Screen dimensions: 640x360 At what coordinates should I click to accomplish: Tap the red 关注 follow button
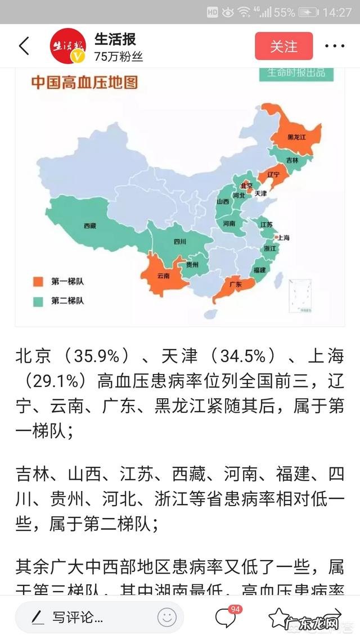click(283, 46)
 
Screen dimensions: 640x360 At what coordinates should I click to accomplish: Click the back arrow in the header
click(24, 46)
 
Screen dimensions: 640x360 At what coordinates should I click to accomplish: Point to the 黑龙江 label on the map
click(296, 137)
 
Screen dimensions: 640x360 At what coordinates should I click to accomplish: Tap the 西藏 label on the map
click(90, 226)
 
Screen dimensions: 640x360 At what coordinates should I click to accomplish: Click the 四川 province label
click(180, 242)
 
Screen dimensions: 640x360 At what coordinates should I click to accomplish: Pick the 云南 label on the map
click(163, 276)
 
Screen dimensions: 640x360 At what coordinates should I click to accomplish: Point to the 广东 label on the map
click(236, 285)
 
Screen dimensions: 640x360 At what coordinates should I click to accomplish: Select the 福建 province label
click(259, 270)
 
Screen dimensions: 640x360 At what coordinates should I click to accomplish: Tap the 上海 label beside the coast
click(283, 238)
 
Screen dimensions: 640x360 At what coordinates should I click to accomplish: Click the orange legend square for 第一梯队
click(38, 281)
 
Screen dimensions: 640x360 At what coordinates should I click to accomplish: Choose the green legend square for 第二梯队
click(38, 301)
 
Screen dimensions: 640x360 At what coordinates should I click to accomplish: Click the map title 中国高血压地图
click(84, 83)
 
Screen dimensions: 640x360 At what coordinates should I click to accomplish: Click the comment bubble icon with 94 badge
click(225, 618)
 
